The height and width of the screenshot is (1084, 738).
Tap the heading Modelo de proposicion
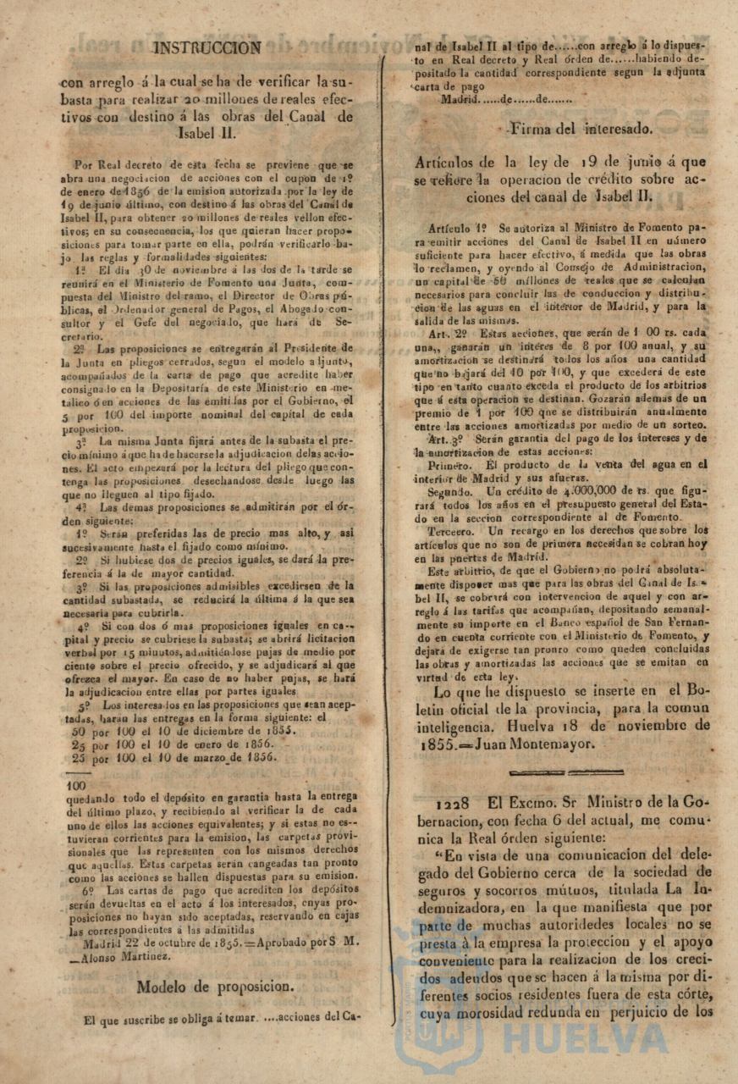tap(216, 986)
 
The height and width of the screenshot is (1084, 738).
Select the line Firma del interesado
tap(581, 130)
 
